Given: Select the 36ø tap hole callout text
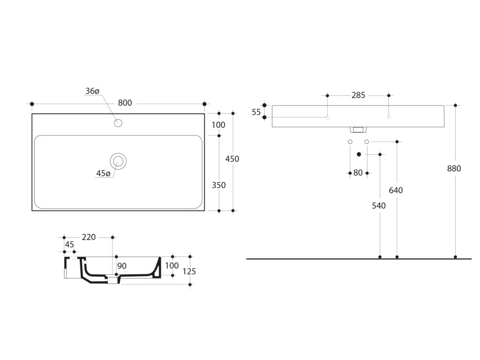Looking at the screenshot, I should (x=93, y=91).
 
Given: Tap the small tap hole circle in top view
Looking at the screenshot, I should (x=118, y=123).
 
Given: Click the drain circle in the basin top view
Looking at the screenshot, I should (x=118, y=161).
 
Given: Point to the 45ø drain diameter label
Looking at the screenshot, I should (x=103, y=173).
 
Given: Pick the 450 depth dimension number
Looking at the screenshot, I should (x=232, y=159).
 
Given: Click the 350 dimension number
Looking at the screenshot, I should (x=218, y=185).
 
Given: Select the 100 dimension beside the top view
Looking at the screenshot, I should (x=218, y=125).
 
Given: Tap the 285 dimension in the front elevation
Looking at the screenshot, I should (x=358, y=96).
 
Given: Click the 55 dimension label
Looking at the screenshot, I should (x=256, y=112).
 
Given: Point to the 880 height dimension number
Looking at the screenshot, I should (x=454, y=169).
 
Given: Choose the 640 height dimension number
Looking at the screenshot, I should (x=396, y=190).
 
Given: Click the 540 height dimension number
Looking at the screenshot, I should (x=378, y=206).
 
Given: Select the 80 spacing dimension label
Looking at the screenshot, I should (x=358, y=173).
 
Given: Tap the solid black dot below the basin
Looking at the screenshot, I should (x=359, y=154).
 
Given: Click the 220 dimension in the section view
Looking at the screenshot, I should (x=89, y=237).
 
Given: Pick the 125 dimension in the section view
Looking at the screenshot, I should (x=190, y=271).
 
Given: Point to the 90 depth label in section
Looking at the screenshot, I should (x=122, y=266).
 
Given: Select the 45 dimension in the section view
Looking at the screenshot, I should (x=69, y=244).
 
